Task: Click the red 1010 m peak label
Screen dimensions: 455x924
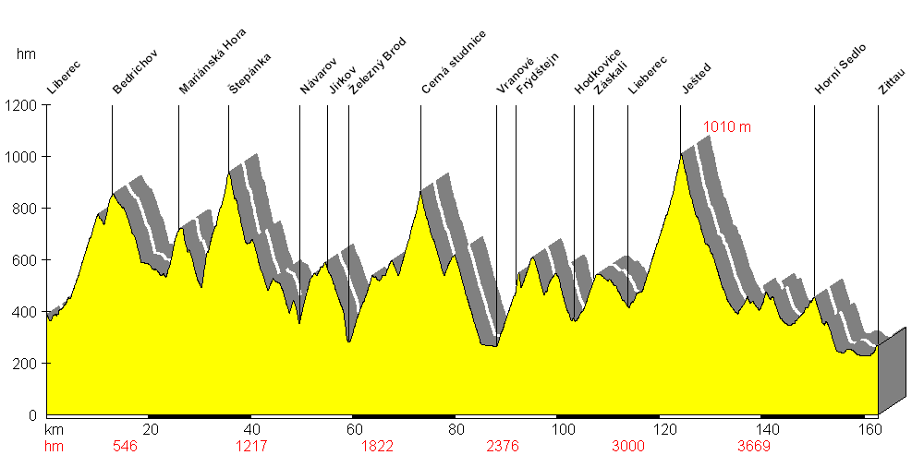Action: [727, 127]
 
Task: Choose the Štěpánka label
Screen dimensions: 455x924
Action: [249, 75]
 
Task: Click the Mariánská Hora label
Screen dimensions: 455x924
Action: [213, 64]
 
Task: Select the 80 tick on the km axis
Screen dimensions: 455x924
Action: [454, 429]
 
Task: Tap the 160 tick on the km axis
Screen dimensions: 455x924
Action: [868, 429]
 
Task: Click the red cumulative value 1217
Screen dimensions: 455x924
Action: [251, 447]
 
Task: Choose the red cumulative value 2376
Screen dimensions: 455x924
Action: [503, 447]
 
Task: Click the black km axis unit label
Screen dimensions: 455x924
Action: [53, 429]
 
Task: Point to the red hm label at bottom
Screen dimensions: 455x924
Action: [53, 447]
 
